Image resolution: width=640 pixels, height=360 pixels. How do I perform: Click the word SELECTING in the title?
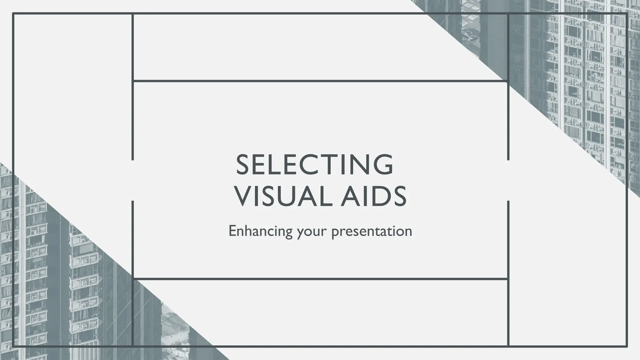(x=314, y=165)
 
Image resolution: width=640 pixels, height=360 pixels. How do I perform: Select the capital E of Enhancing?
(x=233, y=231)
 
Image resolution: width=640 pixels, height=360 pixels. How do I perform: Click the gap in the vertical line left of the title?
(x=133, y=180)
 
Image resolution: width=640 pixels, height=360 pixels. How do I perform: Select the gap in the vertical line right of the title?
(x=508, y=180)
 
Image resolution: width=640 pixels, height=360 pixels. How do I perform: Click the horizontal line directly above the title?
(x=320, y=81)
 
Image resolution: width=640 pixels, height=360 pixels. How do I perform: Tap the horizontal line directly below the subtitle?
(x=320, y=278)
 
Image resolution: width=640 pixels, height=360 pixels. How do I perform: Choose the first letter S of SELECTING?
(x=243, y=165)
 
